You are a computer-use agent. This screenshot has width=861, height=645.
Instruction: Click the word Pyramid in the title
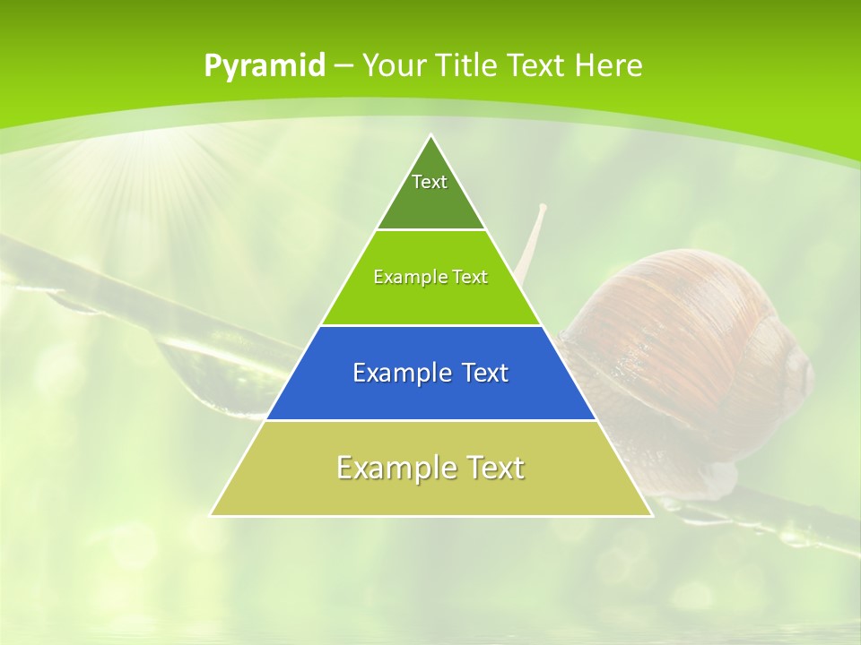click(x=264, y=66)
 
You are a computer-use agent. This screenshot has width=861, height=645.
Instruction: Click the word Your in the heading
click(x=394, y=65)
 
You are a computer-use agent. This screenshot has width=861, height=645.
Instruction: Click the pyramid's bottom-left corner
click(x=211, y=515)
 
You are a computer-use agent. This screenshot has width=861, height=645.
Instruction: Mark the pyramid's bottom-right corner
click(x=651, y=515)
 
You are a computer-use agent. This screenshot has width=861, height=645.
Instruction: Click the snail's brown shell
click(x=691, y=340)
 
